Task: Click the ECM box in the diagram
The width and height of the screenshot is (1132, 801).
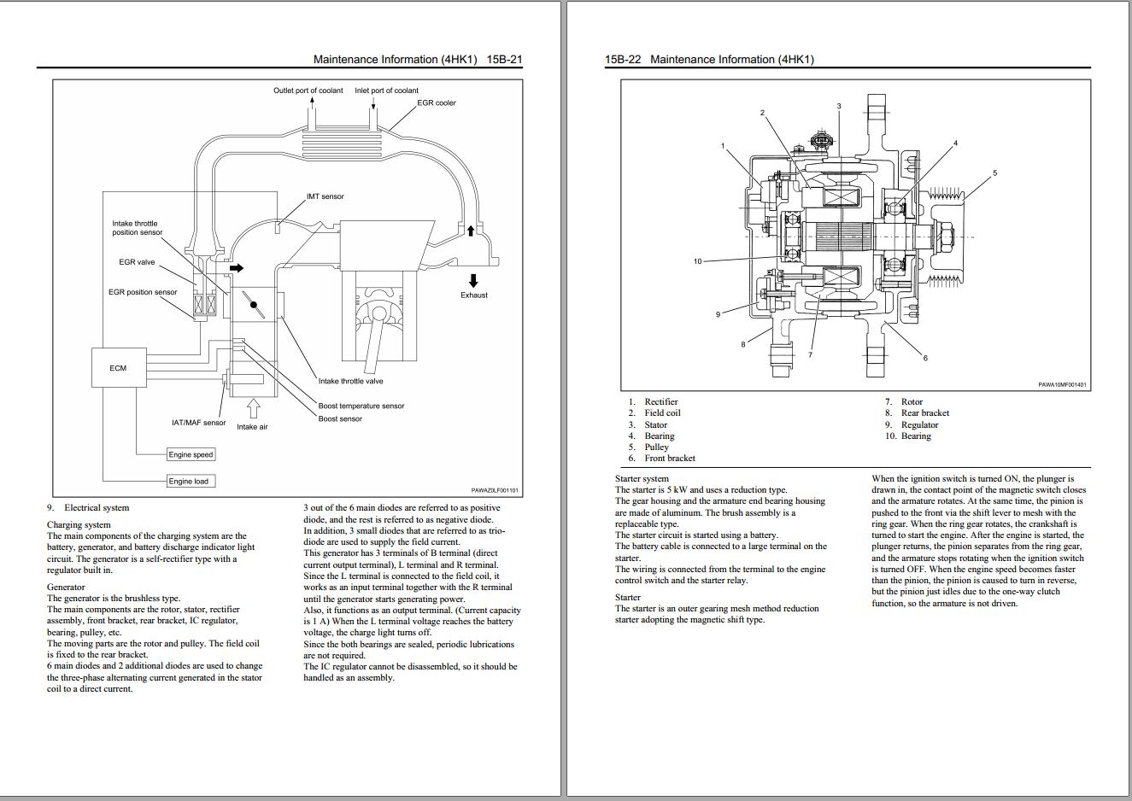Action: coord(118,368)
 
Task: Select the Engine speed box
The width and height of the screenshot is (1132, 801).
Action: coord(191,454)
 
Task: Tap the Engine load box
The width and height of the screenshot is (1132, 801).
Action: coord(188,481)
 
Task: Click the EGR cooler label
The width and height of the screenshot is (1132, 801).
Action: coord(436,102)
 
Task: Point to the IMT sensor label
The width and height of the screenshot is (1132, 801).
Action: coord(325,196)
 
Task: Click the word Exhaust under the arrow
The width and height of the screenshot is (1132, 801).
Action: coord(473,295)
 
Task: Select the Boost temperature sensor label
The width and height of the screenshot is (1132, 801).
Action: coord(361,406)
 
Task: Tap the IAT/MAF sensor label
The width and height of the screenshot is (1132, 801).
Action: coord(198,422)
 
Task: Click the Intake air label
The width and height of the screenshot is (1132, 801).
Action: coord(252,426)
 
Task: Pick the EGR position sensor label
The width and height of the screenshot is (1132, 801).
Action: coord(143,292)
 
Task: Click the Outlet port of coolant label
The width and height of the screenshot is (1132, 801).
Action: coord(308,90)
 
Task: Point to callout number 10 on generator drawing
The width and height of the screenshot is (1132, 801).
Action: coord(697,261)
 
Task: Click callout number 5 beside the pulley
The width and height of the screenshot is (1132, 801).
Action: coord(994,173)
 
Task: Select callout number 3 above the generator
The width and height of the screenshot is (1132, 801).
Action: coord(838,106)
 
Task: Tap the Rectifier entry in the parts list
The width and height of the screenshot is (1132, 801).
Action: coord(660,401)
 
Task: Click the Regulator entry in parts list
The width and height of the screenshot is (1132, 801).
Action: coord(919,424)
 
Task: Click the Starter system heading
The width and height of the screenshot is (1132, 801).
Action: coord(642,478)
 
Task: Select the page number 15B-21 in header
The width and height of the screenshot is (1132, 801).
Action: coord(504,60)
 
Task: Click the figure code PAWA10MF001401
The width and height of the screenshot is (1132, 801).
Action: coord(1062,384)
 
